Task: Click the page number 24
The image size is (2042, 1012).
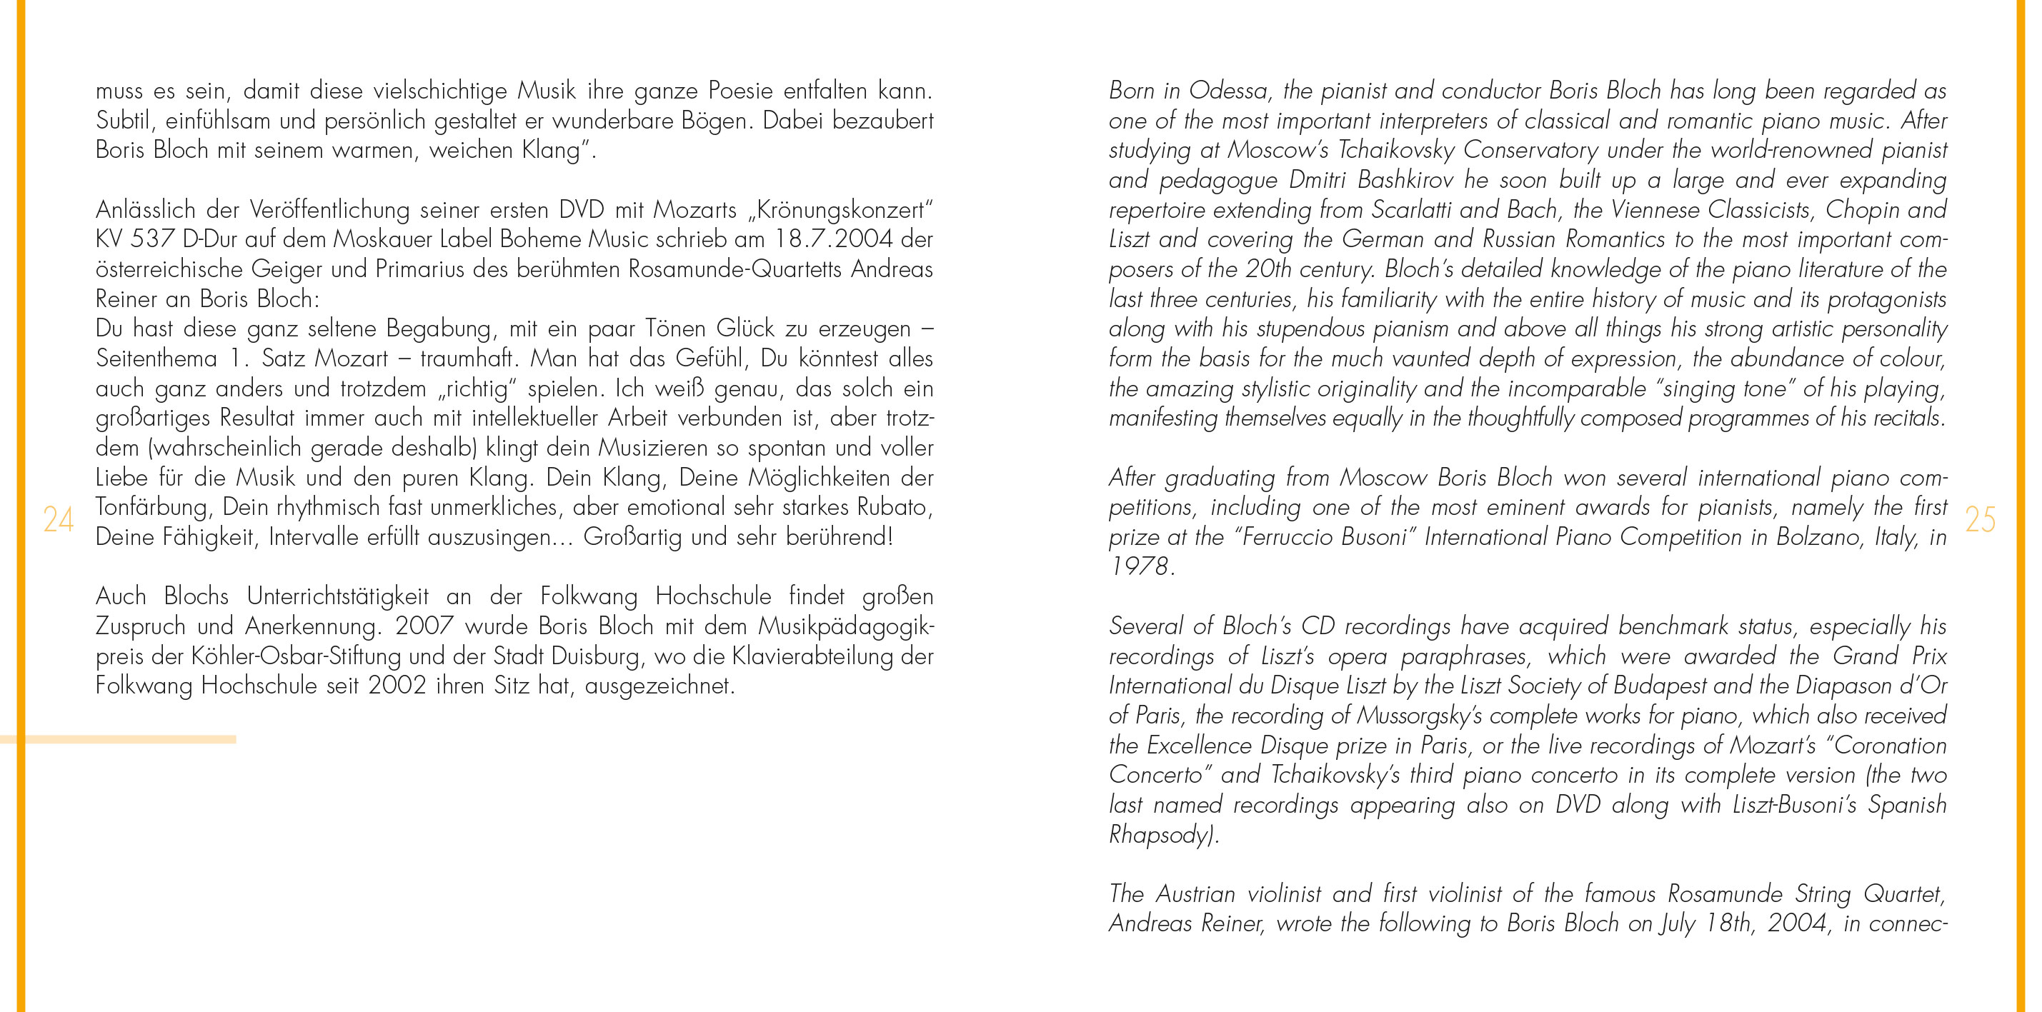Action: [58, 520]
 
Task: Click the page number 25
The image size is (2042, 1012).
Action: [1980, 520]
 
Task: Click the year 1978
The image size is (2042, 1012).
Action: [1139, 566]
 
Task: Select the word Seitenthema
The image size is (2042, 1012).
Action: [156, 359]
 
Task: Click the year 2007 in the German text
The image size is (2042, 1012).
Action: [424, 626]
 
